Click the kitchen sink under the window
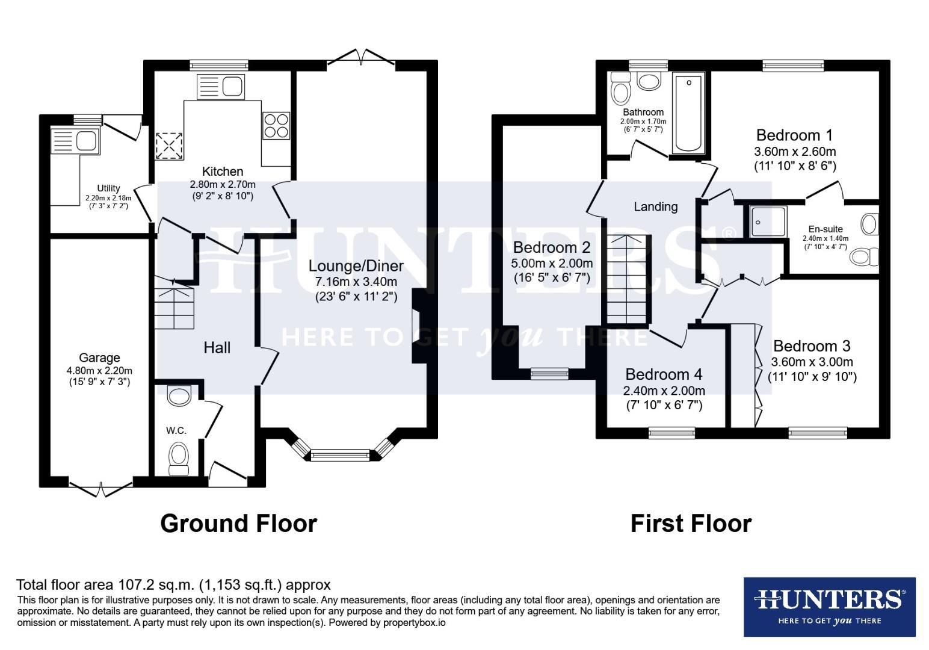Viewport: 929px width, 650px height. coord(221,87)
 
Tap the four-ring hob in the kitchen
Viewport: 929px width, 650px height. coord(276,126)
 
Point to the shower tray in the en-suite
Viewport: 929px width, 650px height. coord(768,221)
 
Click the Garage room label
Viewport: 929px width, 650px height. coord(99,358)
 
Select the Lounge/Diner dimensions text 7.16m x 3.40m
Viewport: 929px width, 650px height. coord(356,282)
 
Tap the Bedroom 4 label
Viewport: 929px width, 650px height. coord(663,375)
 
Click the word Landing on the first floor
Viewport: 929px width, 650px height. coord(655,207)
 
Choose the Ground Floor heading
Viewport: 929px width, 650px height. coord(238,524)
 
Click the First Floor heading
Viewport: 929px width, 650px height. coord(691,524)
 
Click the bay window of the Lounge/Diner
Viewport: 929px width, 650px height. coord(341,454)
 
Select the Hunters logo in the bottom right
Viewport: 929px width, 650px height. coord(829,606)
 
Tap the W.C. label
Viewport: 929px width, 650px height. coord(176,430)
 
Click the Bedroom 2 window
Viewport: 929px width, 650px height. coord(549,374)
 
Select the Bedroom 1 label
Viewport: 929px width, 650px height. coord(794,135)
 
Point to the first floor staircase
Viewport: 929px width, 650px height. coord(628,280)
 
